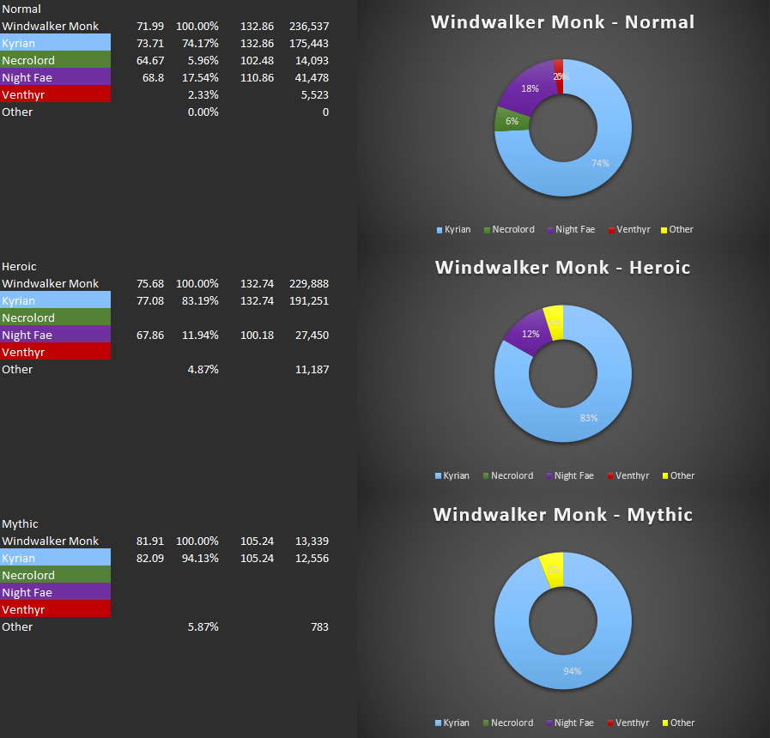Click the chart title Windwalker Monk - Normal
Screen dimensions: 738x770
tap(562, 22)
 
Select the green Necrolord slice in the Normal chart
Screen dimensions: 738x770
tap(506, 120)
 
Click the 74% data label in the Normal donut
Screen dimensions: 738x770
tap(600, 163)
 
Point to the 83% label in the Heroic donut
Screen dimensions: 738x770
tap(588, 418)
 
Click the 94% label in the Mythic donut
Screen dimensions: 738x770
tap(573, 671)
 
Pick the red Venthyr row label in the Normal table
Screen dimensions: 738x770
tap(55, 95)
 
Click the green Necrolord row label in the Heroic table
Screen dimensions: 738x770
tap(55, 318)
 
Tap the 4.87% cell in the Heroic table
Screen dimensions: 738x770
tap(203, 370)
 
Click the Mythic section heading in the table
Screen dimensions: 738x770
tap(21, 524)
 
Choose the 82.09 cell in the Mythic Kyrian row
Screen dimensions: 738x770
tap(150, 559)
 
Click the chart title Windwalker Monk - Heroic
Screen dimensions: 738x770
tap(562, 268)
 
